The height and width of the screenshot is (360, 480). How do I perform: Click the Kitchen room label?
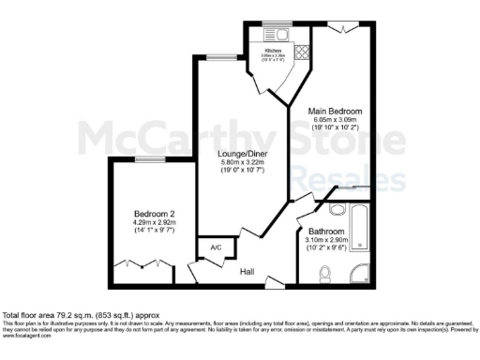[x=274, y=51]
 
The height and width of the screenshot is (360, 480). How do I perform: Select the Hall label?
[x=247, y=272]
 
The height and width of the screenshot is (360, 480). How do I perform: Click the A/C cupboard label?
[x=215, y=248]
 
